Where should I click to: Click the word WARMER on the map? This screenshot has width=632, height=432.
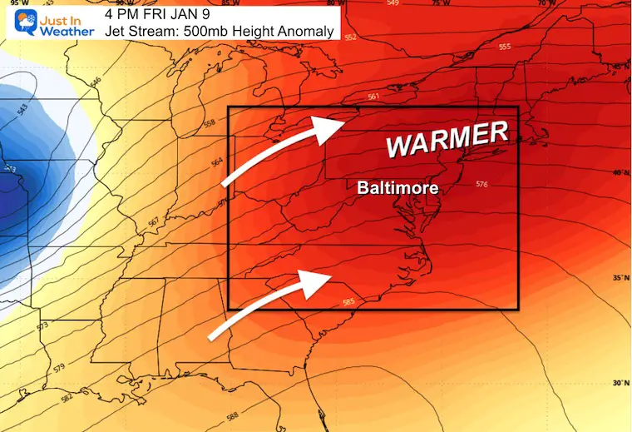[447, 138]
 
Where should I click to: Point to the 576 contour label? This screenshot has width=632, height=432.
[481, 185]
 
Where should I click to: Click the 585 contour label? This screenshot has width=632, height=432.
[348, 301]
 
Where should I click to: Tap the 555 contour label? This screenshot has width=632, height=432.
[504, 47]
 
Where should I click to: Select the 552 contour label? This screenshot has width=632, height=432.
[350, 37]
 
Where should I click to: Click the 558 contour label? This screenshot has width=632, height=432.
[208, 125]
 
